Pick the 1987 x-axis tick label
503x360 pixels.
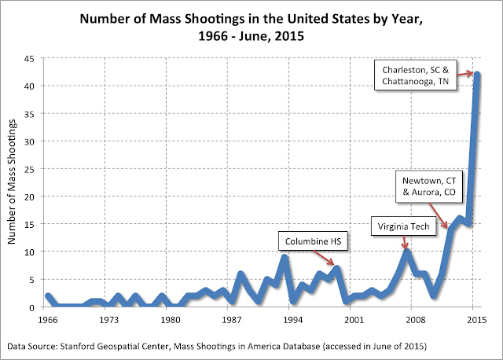231,321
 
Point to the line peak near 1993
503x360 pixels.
285,257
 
